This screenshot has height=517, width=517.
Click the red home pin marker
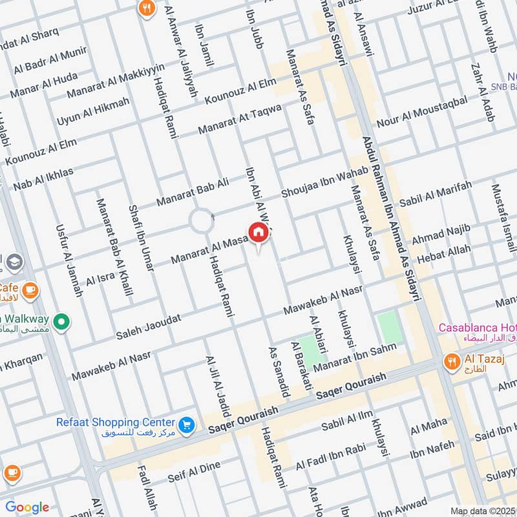(x=257, y=232)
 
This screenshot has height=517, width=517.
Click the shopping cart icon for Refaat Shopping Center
(x=187, y=425)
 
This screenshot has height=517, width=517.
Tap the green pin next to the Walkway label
(x=62, y=321)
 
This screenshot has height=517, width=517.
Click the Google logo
(x=27, y=507)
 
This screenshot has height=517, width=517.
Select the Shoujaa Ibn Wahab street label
(x=324, y=183)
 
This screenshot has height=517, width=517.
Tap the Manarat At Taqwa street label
(x=240, y=118)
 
